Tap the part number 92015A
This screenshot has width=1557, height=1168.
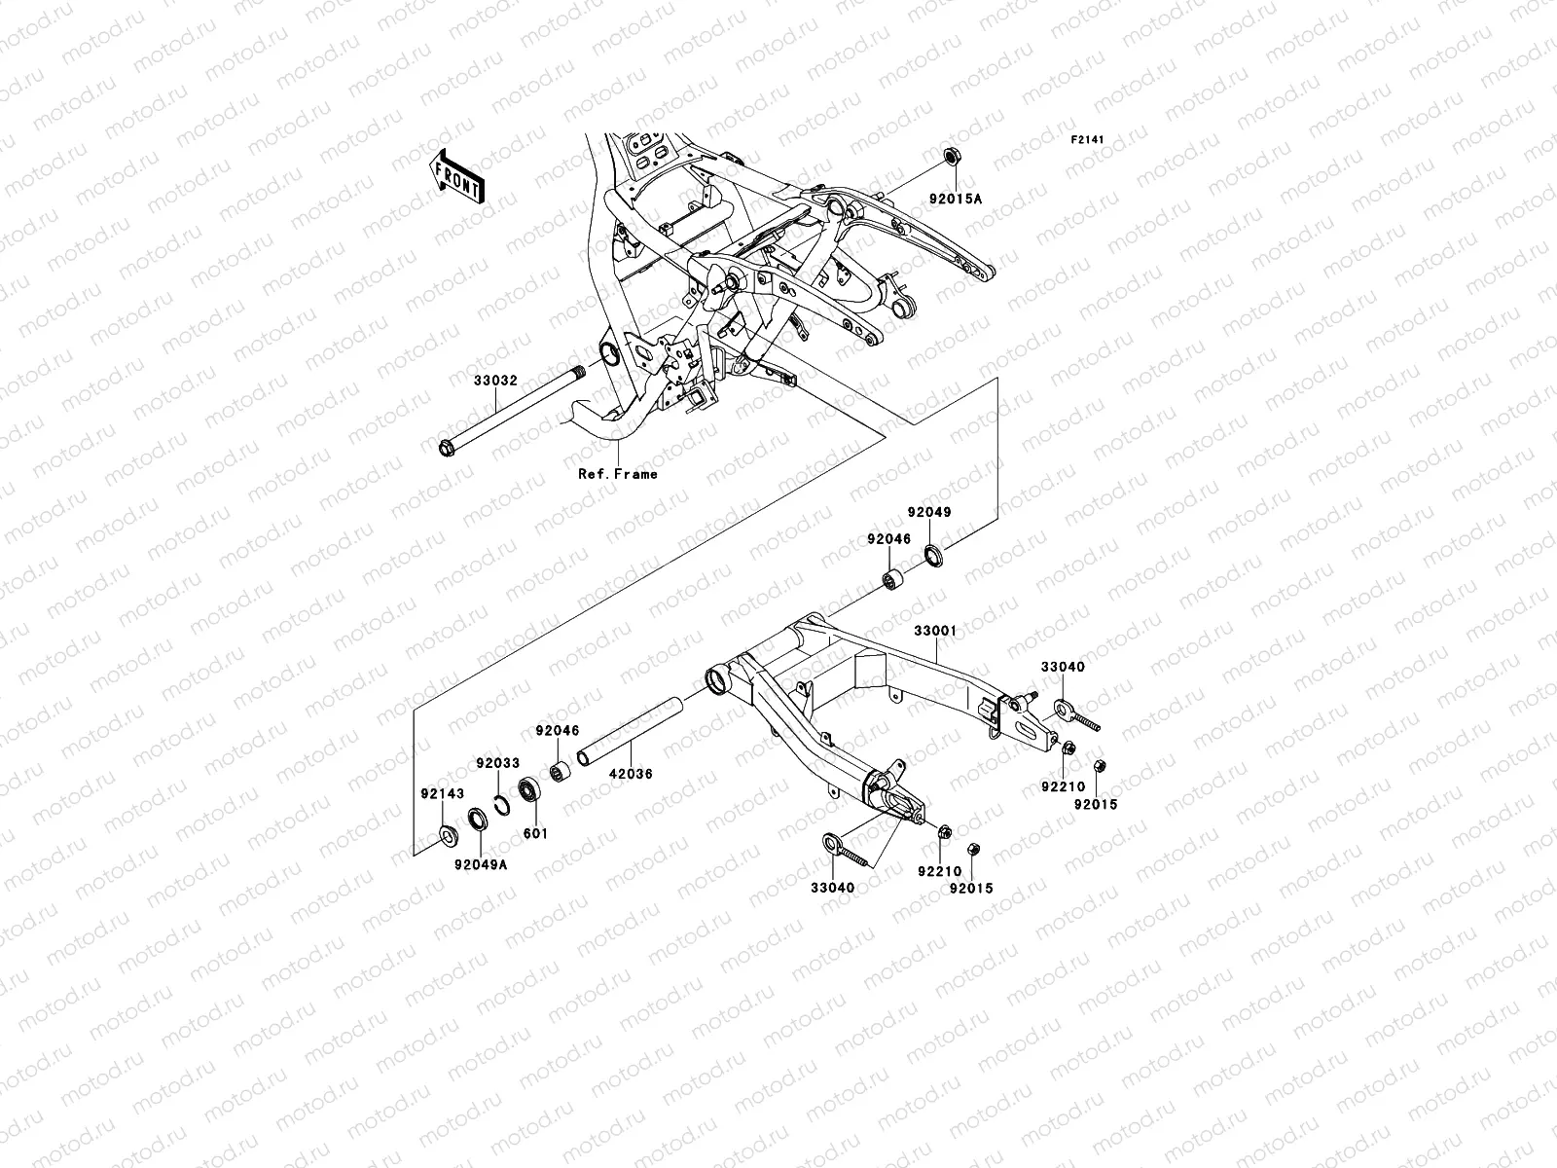click(x=955, y=199)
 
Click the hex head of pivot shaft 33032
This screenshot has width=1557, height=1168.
click(x=446, y=449)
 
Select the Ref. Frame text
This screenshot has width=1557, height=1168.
click(x=617, y=474)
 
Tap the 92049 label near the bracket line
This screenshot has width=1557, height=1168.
click(x=929, y=511)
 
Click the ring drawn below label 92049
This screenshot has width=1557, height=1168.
click(x=933, y=558)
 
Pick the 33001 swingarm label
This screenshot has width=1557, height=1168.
click(x=934, y=631)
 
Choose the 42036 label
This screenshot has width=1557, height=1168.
click(x=633, y=774)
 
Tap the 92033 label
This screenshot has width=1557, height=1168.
click(x=497, y=764)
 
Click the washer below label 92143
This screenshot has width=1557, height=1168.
click(x=450, y=835)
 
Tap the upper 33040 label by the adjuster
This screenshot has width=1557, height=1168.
click(x=1063, y=667)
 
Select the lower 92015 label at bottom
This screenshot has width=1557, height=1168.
click(x=971, y=888)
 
